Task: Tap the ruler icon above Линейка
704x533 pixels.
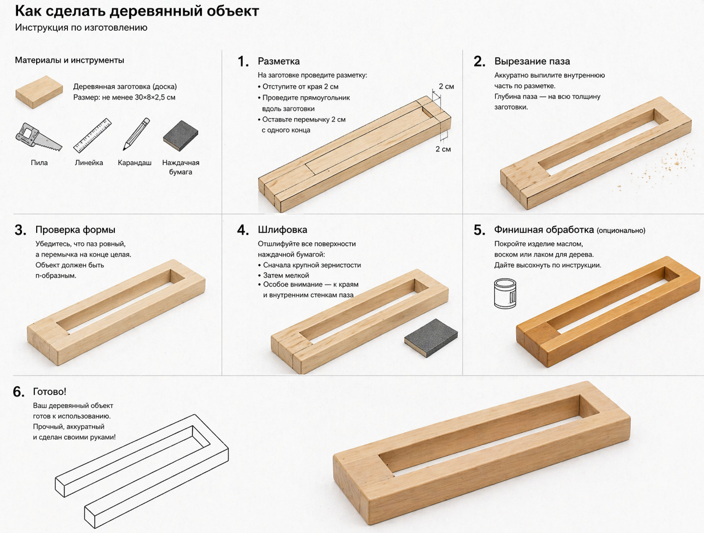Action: coord(92,135)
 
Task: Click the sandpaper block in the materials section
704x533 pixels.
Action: coord(181,136)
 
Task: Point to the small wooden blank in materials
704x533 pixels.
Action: coord(39,92)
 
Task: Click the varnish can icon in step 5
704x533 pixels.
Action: coord(505,293)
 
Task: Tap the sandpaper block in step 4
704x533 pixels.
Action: coord(431,338)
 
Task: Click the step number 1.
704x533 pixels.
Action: coord(243,61)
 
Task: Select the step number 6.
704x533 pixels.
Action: coord(19,392)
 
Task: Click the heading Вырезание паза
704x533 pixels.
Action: coord(532,61)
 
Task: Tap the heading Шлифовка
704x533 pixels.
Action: coord(282,230)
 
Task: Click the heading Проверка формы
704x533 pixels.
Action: coord(75,230)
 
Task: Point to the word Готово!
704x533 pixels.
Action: coord(50,391)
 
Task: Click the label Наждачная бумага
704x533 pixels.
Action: coord(181,167)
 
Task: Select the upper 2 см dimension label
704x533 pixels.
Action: coord(446,86)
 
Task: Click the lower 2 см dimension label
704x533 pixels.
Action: coord(443,149)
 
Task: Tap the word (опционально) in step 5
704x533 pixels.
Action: coord(621,230)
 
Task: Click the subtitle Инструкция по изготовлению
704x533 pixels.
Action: coord(81,27)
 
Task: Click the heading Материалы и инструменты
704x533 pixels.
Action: coord(69,60)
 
